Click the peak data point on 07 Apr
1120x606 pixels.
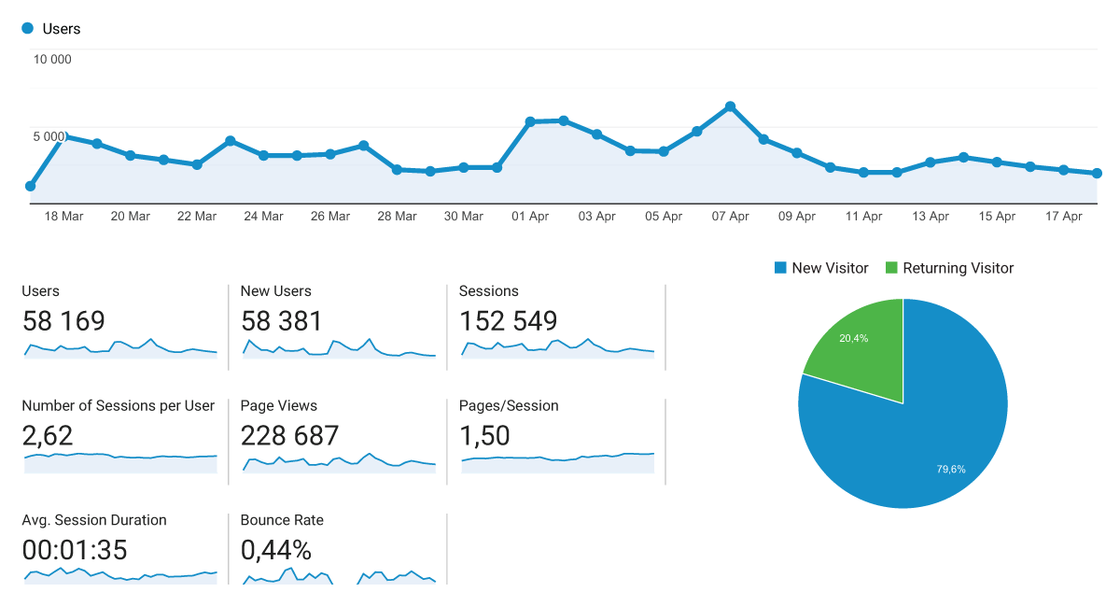pyautogui.click(x=730, y=106)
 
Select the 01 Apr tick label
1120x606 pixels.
pyautogui.click(x=530, y=217)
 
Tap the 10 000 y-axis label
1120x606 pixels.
pyautogui.click(x=52, y=60)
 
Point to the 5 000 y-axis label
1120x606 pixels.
pyautogui.click(x=49, y=136)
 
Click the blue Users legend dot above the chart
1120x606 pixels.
pyautogui.click(x=27, y=28)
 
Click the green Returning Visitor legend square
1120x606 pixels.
pyautogui.click(x=891, y=268)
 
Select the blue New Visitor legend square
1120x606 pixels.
pyautogui.click(x=780, y=268)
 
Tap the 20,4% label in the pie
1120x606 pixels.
pyautogui.click(x=853, y=338)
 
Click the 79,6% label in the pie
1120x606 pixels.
pyautogui.click(x=951, y=469)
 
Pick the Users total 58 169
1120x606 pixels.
pyautogui.click(x=63, y=321)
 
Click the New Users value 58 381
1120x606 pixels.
pyautogui.click(x=282, y=321)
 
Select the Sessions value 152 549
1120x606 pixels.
pyautogui.click(x=508, y=321)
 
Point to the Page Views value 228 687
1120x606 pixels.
pyautogui.click(x=289, y=435)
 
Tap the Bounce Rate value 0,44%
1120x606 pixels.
pyautogui.click(x=276, y=550)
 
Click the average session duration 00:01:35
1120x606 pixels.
pyautogui.click(x=75, y=550)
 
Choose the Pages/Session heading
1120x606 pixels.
pyautogui.click(x=509, y=405)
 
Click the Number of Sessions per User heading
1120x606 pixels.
pyautogui.click(x=118, y=405)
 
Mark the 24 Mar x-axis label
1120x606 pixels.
pyautogui.click(x=263, y=217)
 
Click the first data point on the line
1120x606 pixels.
pyautogui.click(x=30, y=186)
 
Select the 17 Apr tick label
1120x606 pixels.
pyautogui.click(x=1063, y=217)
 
